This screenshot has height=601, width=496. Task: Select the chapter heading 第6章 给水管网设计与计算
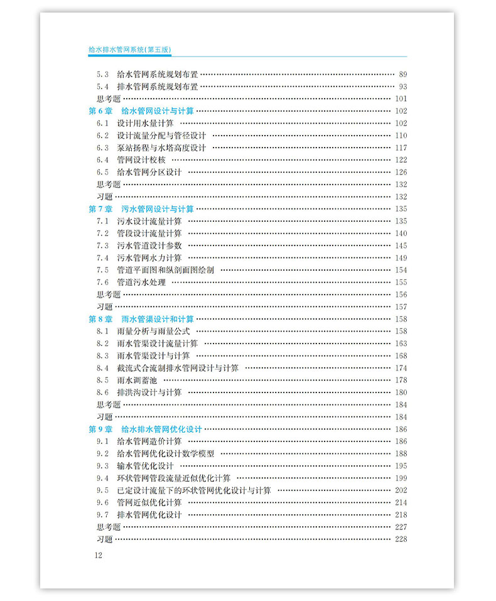point(141,111)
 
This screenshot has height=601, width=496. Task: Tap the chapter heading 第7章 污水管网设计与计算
point(141,208)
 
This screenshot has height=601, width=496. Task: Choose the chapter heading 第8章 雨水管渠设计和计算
point(141,319)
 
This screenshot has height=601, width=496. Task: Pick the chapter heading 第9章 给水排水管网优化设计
point(145,429)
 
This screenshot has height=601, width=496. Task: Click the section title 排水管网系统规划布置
point(158,86)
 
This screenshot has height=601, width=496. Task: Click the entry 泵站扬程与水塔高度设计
point(161,148)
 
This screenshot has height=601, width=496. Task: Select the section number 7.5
point(102,270)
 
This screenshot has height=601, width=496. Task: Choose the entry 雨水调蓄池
point(137,380)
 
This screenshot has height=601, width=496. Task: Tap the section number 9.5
point(102,490)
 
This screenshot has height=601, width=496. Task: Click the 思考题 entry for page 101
point(108,99)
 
